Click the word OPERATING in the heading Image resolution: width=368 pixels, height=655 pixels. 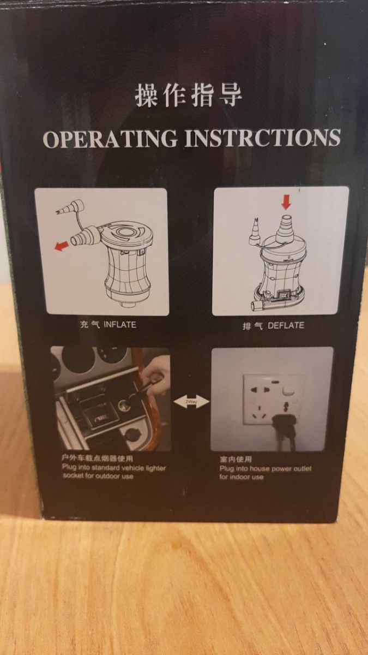click(110, 138)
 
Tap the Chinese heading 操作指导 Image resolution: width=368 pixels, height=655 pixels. click(189, 95)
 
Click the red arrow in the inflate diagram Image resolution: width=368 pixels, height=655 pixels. click(62, 246)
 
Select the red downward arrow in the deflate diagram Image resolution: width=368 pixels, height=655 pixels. click(286, 202)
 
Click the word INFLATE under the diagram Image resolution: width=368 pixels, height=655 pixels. click(120, 325)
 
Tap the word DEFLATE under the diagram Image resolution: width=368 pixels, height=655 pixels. click(286, 325)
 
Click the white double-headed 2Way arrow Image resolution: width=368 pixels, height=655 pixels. click(191, 402)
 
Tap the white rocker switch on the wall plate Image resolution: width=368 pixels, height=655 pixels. click(288, 390)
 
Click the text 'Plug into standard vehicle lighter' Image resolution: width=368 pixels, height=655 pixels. click(114, 468)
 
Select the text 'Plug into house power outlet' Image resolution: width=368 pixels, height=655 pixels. click(266, 469)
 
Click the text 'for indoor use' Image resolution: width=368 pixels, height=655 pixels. click(242, 477)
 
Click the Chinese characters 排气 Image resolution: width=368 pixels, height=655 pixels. click(252, 326)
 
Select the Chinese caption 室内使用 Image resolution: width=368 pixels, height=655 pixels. click(236, 459)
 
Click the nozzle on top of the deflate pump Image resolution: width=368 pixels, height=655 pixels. click(285, 230)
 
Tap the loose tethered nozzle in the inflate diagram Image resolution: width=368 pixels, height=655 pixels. click(70, 207)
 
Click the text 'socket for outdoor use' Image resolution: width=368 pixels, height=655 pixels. click(98, 476)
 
